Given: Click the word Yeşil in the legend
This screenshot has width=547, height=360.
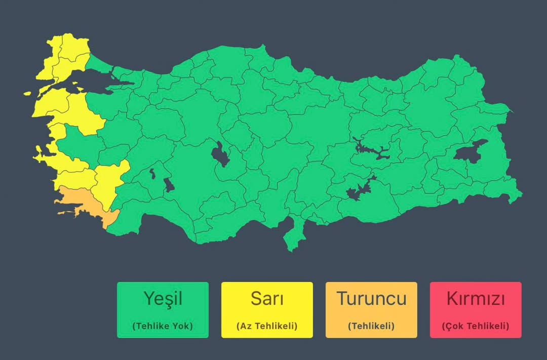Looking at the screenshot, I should (x=163, y=298).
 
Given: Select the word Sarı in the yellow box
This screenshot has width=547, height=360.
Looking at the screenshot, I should (x=267, y=298).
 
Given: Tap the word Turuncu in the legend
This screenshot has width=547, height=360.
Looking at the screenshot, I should (x=371, y=298).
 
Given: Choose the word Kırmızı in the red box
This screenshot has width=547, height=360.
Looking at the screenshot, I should (x=476, y=299).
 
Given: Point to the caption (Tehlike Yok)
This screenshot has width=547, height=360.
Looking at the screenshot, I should (x=163, y=326).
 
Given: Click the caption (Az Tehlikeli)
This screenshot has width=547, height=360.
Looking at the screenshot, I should (x=267, y=326).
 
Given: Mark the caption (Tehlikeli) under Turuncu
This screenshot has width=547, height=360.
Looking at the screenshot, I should (x=371, y=326).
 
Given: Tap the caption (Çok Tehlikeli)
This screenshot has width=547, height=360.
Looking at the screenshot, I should (x=476, y=326).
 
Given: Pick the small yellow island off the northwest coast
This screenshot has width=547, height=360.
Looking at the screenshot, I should (x=28, y=94).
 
